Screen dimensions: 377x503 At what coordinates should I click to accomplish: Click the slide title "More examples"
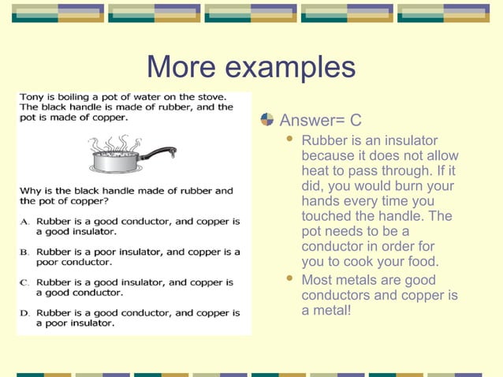point(251,67)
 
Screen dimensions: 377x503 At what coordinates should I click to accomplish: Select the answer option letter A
point(25,222)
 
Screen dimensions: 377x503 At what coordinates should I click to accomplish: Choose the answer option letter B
point(25,252)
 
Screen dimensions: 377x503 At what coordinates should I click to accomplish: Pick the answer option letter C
point(25,282)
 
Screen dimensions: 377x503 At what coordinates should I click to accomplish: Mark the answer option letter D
point(25,313)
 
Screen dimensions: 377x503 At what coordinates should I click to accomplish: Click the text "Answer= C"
point(321,121)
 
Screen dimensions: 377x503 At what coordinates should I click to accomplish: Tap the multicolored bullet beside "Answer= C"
point(267,120)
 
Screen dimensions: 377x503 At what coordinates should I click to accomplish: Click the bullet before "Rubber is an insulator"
point(289,140)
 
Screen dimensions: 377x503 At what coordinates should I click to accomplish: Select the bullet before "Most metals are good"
point(289,279)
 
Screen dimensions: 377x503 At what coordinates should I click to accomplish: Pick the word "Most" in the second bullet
point(317,280)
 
